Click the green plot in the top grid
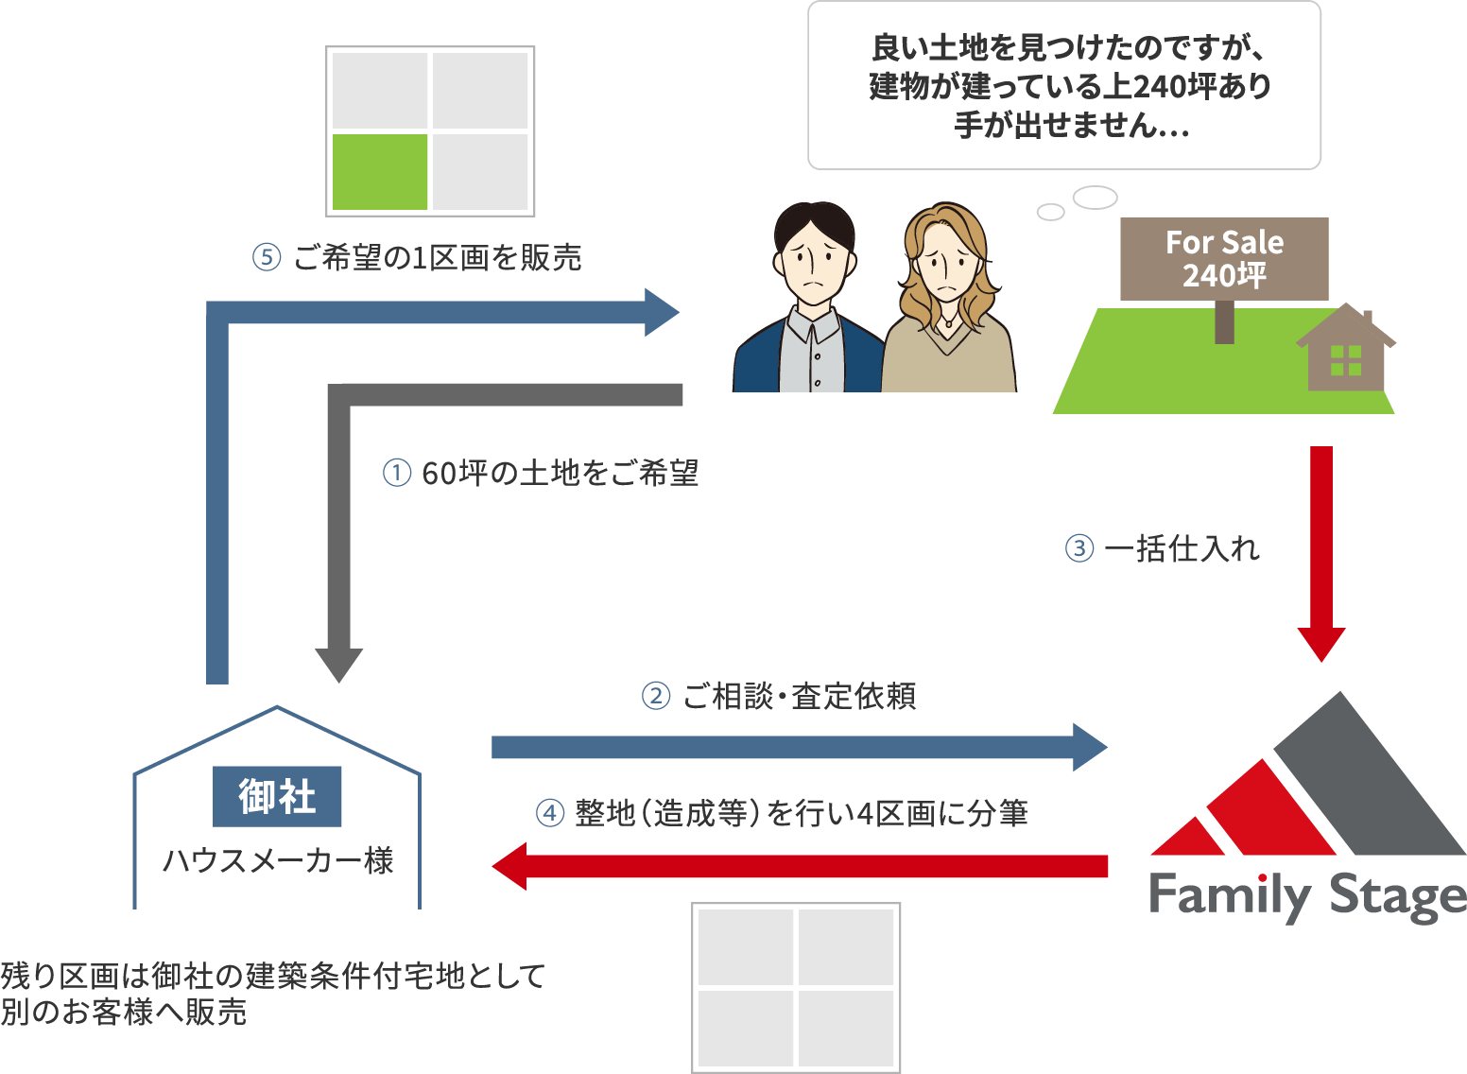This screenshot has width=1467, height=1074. [x=380, y=171]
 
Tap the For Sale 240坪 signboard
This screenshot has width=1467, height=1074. [x=1224, y=259]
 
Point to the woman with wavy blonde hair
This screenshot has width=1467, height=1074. [x=948, y=303]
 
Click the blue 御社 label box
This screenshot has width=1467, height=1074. [x=277, y=796]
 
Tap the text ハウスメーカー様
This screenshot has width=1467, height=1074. [x=277, y=860]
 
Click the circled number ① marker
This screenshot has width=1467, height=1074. [x=397, y=473]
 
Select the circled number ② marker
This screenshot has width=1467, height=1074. [x=656, y=697]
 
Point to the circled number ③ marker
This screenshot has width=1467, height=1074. [x=1079, y=548]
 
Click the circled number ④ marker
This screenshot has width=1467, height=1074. [x=550, y=813]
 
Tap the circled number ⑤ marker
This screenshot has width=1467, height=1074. [x=267, y=257]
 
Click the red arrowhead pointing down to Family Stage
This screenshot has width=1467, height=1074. [x=1320, y=644]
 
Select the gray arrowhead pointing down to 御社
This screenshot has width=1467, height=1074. [x=339, y=665]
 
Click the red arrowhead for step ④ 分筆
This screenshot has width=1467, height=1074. [x=510, y=866]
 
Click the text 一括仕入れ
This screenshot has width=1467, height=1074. [x=1182, y=548]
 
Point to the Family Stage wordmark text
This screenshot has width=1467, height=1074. [x=1306, y=895]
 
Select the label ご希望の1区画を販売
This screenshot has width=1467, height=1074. [x=437, y=257]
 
